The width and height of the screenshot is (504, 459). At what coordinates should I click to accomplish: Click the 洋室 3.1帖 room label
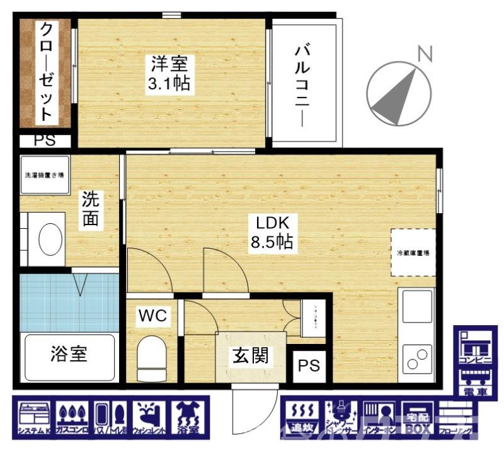(x=169, y=74)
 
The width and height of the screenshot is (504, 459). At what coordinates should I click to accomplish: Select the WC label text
(x=153, y=316)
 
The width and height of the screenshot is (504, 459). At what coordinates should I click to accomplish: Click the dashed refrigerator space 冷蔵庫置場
(x=413, y=252)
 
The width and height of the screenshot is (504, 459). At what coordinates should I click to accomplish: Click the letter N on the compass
(x=425, y=55)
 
